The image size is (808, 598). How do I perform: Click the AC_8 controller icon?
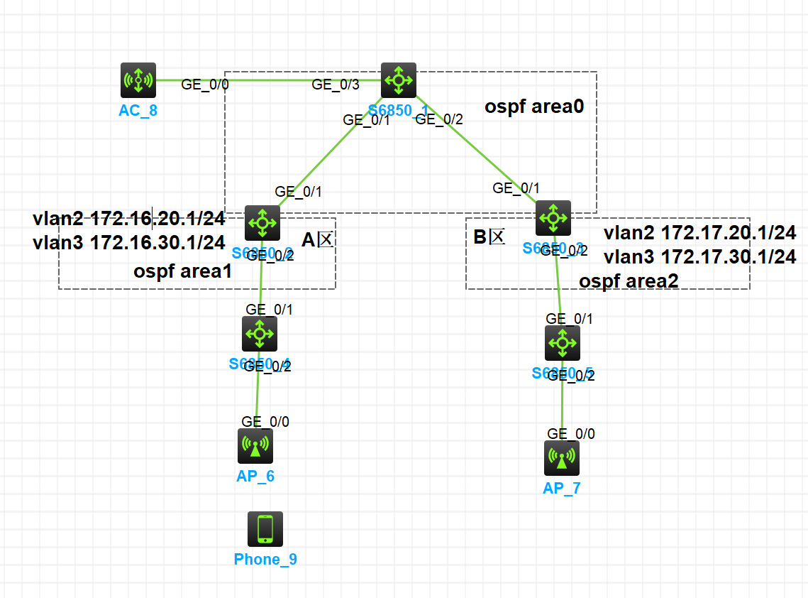click(x=138, y=80)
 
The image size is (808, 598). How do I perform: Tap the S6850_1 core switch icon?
click(x=399, y=80)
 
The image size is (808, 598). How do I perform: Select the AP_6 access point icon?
click(x=255, y=445)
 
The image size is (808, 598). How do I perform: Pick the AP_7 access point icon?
click(x=562, y=458)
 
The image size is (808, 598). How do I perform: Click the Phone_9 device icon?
click(x=265, y=529)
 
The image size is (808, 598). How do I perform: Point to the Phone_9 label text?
click(x=265, y=560)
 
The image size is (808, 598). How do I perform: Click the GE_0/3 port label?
click(x=336, y=85)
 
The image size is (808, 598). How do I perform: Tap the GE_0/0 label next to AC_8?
click(x=205, y=84)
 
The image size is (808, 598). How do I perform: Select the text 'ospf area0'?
click(x=539, y=107)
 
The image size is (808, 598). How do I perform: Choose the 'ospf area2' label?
click(x=629, y=281)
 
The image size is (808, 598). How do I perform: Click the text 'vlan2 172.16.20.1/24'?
click(x=129, y=218)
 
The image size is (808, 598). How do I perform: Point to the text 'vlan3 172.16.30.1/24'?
click(x=129, y=242)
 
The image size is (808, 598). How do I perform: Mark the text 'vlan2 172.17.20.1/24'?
click(x=699, y=232)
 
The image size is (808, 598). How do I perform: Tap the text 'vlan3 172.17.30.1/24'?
click(x=699, y=256)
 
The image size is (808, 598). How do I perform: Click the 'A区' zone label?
click(x=317, y=240)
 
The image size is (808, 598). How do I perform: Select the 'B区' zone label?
click(x=489, y=237)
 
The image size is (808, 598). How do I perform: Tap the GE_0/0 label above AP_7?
click(x=571, y=434)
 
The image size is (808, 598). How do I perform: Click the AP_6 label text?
click(x=255, y=476)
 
